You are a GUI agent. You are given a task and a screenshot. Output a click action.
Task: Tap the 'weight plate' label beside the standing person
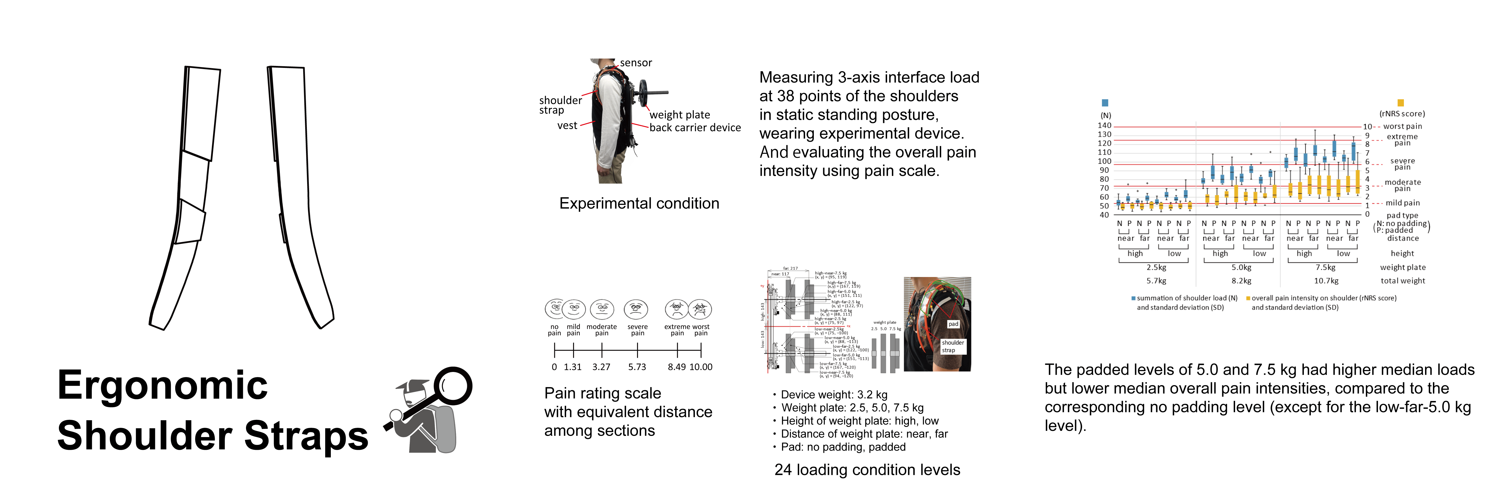[x=679, y=115]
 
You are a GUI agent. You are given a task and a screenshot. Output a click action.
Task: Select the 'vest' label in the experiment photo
[x=567, y=125]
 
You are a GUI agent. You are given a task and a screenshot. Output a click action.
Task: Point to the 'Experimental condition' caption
[x=639, y=203]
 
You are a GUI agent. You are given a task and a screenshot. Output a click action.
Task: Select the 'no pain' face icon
[x=554, y=309]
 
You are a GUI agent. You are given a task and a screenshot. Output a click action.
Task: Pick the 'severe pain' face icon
[x=636, y=309]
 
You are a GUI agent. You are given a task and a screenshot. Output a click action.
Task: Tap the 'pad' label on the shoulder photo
[x=953, y=324]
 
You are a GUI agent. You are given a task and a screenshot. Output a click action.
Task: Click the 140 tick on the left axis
[x=1104, y=125]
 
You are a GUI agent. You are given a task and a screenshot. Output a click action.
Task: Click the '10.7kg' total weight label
[x=1326, y=280]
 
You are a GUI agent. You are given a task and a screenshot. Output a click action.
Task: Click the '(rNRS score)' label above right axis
[x=1402, y=114]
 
